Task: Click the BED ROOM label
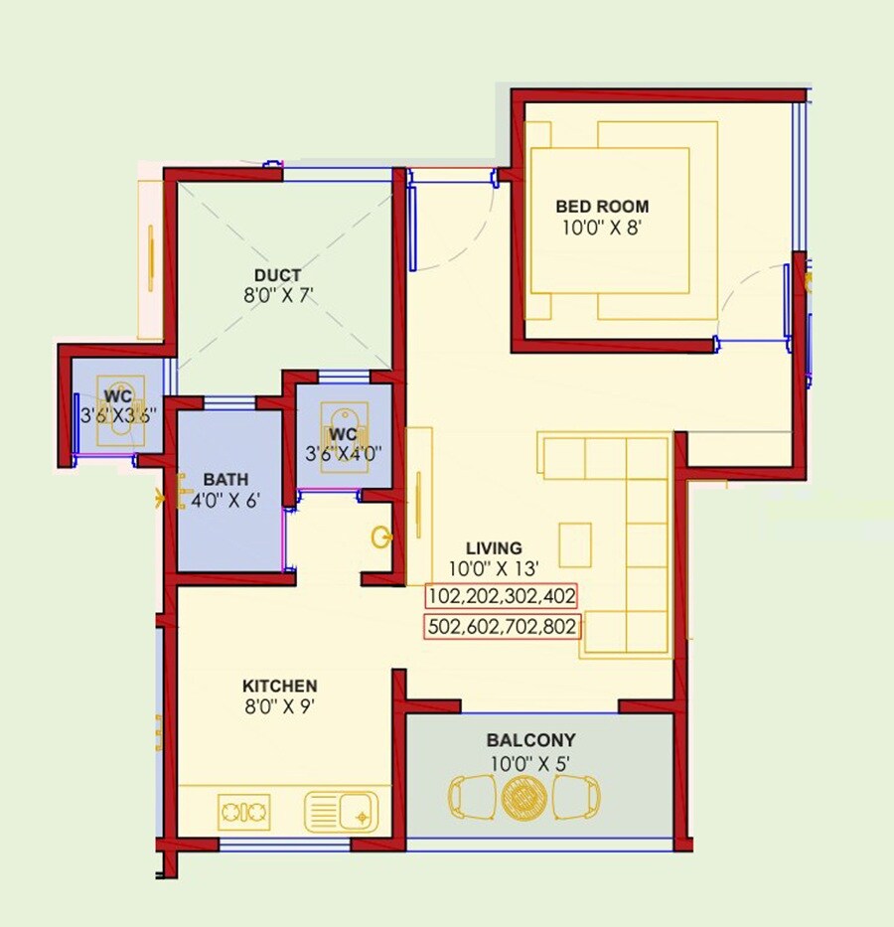[x=602, y=207]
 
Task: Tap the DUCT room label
[x=277, y=275]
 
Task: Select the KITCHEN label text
[x=280, y=687]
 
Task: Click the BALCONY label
[x=530, y=741]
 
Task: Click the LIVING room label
[x=494, y=548]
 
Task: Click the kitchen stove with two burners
[x=244, y=811]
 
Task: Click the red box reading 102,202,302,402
[x=502, y=596]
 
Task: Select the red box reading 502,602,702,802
[x=503, y=628]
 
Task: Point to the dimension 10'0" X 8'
[x=602, y=227]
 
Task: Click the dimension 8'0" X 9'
[x=280, y=707]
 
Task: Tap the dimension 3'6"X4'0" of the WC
[x=343, y=454]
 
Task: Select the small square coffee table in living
[x=575, y=543]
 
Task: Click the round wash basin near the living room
[x=380, y=538]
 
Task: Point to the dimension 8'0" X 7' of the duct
[x=277, y=295]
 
